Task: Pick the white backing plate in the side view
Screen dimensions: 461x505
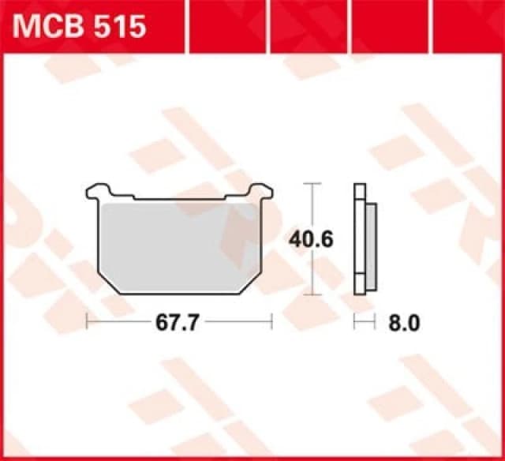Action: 360,241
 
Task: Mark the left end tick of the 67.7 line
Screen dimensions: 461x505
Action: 86,322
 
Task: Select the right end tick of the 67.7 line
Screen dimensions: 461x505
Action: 271,322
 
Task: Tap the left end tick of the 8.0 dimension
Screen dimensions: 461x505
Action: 355,322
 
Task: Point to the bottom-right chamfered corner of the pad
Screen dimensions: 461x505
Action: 251,283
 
